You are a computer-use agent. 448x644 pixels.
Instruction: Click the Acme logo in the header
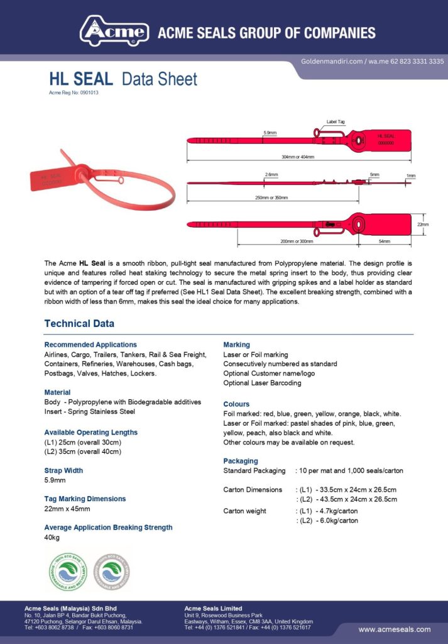114,31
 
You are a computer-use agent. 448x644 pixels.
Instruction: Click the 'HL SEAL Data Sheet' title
123,79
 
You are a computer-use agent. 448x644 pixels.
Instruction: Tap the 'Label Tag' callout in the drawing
335,122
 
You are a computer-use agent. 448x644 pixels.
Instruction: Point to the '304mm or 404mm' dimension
299,157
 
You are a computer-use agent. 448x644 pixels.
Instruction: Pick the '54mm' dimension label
384,241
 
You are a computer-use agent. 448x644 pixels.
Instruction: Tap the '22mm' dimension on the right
422,225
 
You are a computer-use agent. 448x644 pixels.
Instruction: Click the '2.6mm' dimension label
271,174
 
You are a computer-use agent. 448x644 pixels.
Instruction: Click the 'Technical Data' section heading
79,324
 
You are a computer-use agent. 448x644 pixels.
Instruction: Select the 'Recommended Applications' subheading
90,345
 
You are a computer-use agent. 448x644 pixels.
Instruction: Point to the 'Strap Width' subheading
63,470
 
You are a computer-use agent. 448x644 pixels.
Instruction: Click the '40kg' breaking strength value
52,538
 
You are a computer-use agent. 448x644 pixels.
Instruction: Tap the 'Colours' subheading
236,404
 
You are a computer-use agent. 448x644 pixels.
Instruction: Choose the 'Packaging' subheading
241,461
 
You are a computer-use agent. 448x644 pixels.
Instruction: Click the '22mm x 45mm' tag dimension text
67,509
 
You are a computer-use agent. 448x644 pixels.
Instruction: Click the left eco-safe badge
67,572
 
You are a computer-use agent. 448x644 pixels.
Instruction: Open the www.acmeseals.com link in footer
395,630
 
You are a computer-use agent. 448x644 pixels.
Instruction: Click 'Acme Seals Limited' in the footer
213,608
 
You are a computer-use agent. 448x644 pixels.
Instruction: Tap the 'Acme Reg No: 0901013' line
74,92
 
